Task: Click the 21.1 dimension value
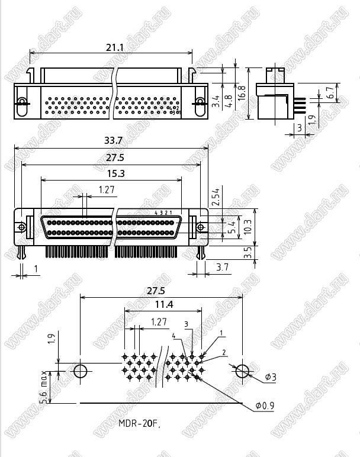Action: click(x=114, y=47)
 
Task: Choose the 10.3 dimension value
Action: click(x=248, y=226)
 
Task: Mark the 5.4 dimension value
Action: click(x=232, y=226)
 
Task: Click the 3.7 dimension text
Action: click(x=223, y=268)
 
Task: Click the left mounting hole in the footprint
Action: click(x=80, y=371)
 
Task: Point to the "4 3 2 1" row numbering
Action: click(x=164, y=213)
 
